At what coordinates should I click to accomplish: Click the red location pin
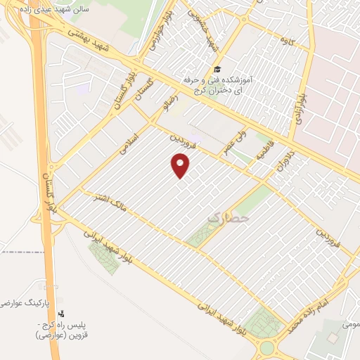tap(181, 166)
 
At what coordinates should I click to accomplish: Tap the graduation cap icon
tap(217, 70)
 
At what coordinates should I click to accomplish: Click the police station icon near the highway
tap(61, 313)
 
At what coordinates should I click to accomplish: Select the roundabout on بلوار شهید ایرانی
tap(267, 347)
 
